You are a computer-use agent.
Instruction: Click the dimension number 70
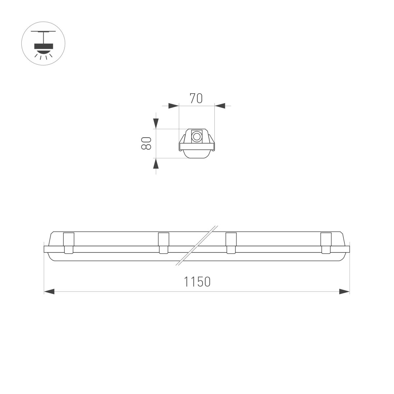tap(196, 98)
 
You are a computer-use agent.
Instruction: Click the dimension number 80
tap(146, 143)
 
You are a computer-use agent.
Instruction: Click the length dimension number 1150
tap(197, 281)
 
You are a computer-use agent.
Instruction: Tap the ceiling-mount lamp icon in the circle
tap(43, 44)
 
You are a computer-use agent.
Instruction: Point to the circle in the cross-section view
tap(197, 137)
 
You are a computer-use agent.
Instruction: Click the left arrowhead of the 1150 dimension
tap(49, 291)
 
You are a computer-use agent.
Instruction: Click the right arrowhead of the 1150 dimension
tap(344, 291)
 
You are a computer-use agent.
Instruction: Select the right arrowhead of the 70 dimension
tap(220, 106)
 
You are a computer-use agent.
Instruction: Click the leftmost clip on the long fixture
tap(68, 243)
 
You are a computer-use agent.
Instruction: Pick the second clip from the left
tap(163, 243)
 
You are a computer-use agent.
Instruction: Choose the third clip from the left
tap(231, 243)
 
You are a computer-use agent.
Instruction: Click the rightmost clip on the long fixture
tap(326, 243)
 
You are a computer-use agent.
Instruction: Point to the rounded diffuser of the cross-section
tap(197, 154)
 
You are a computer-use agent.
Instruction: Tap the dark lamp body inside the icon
tap(43, 46)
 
